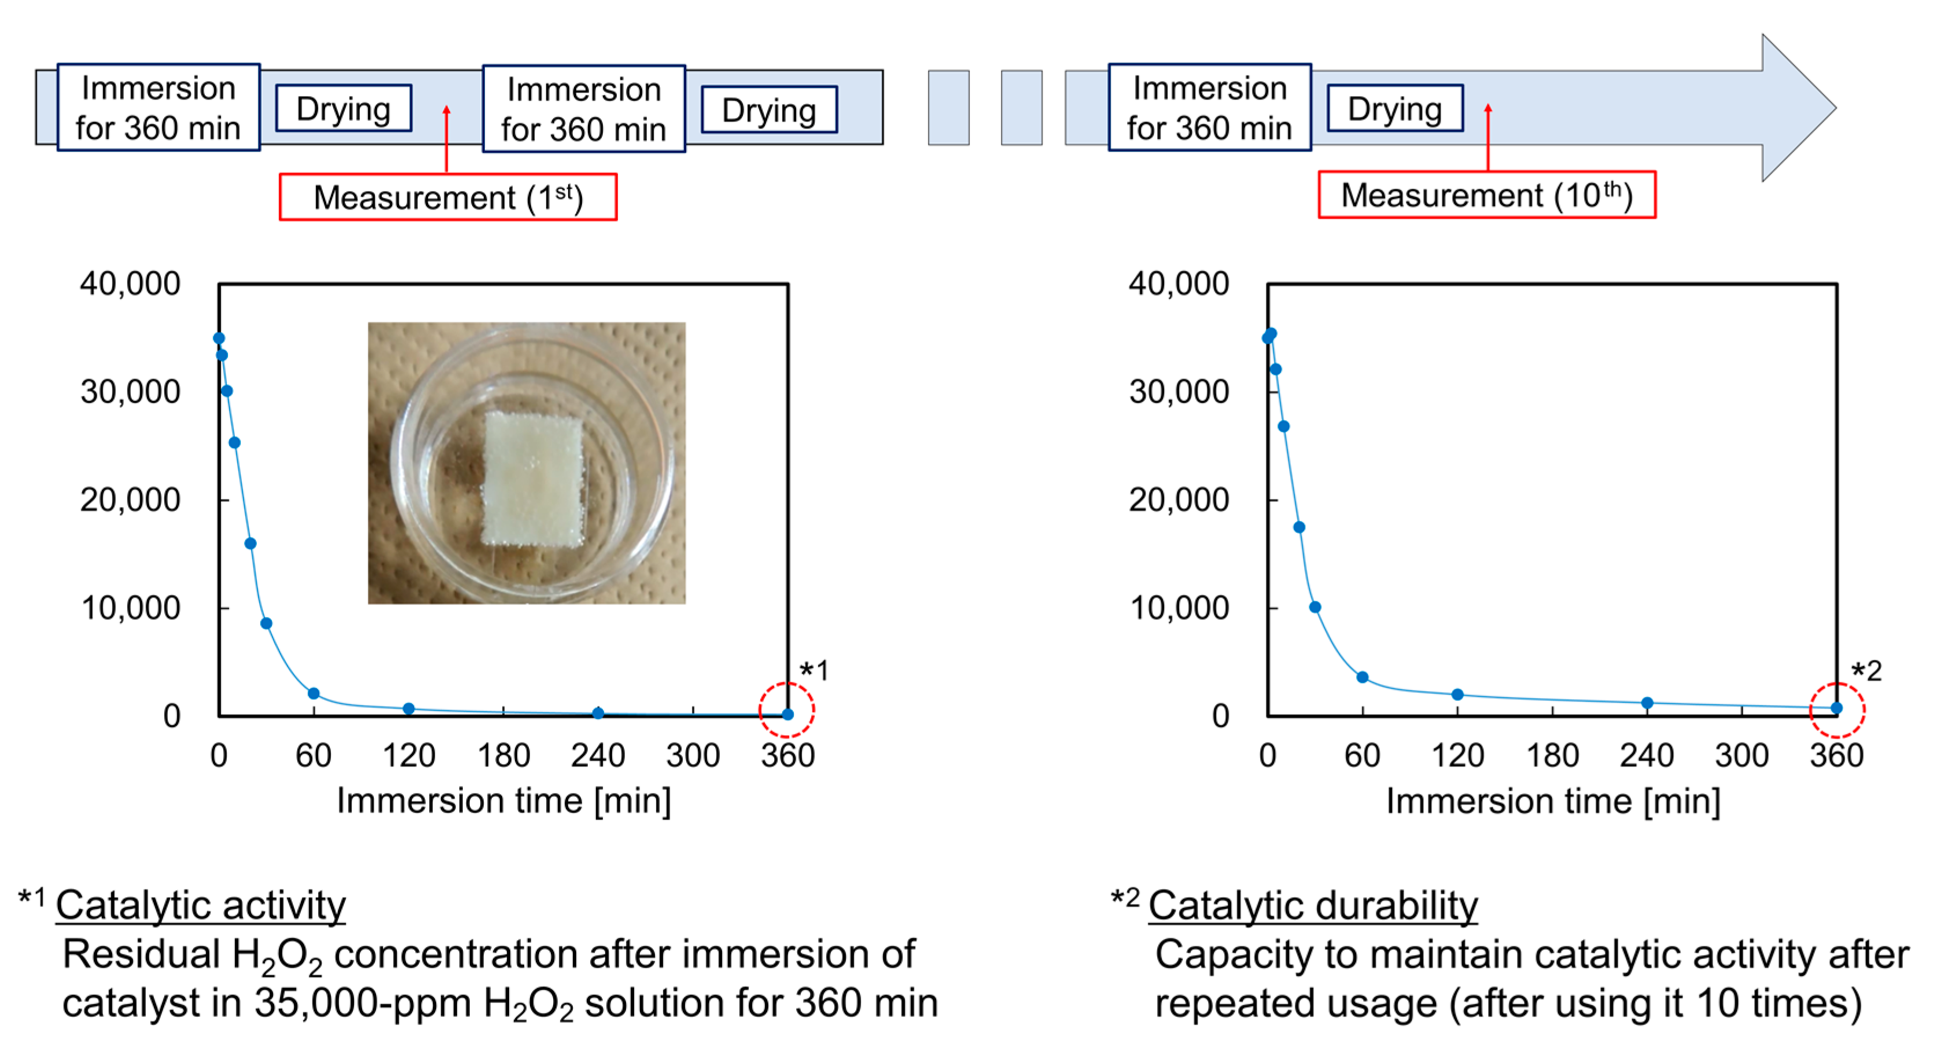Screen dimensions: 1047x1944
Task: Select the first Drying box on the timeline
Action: [x=343, y=109]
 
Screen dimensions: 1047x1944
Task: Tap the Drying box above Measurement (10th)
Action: [x=1394, y=109]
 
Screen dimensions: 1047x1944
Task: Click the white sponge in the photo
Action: [x=533, y=477]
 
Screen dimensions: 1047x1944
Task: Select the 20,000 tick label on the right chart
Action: [x=1178, y=499]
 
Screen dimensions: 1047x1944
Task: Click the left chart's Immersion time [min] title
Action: [x=503, y=801]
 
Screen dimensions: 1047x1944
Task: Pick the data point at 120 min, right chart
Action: [x=1457, y=695]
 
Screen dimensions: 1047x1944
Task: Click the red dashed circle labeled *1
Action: [x=786, y=710]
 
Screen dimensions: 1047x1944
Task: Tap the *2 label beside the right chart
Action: [x=1866, y=671]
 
